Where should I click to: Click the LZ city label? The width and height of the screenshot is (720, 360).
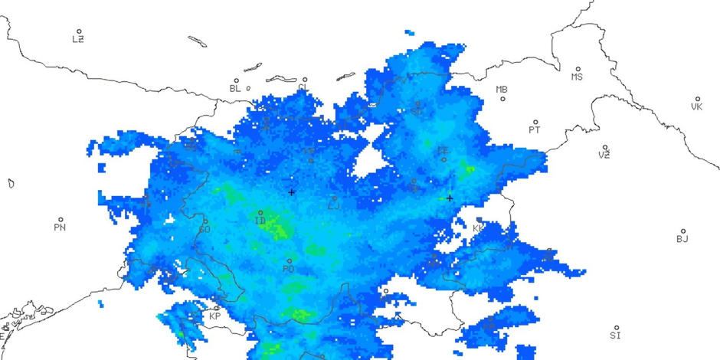click(x=78, y=39)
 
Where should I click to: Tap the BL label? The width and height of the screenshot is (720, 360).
click(x=235, y=88)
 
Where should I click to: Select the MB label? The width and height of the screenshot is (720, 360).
click(x=502, y=90)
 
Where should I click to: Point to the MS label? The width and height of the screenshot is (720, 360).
click(x=577, y=77)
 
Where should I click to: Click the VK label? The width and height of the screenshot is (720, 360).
click(x=696, y=106)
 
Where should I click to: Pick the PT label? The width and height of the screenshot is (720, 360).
click(x=535, y=129)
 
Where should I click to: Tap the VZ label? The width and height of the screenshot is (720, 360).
click(x=604, y=155)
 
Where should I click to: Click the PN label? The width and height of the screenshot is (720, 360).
click(x=60, y=227)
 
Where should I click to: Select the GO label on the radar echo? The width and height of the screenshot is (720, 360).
click(x=204, y=229)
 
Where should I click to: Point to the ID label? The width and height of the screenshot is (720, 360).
click(x=260, y=221)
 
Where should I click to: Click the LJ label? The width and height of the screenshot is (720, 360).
click(x=333, y=205)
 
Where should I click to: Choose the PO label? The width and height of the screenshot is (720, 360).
click(x=288, y=269)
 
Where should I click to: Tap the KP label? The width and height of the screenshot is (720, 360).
click(x=215, y=316)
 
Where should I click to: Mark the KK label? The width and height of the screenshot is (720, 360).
click(x=479, y=228)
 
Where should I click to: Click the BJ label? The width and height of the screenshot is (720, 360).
click(x=682, y=239)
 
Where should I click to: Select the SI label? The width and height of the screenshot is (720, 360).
click(x=615, y=335)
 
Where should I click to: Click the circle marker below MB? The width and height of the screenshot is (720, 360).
click(x=503, y=99)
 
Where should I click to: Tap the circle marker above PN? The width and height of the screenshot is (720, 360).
click(x=61, y=219)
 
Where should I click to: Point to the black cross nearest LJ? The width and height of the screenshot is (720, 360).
click(x=291, y=192)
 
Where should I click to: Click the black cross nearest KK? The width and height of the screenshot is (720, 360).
click(x=450, y=198)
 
